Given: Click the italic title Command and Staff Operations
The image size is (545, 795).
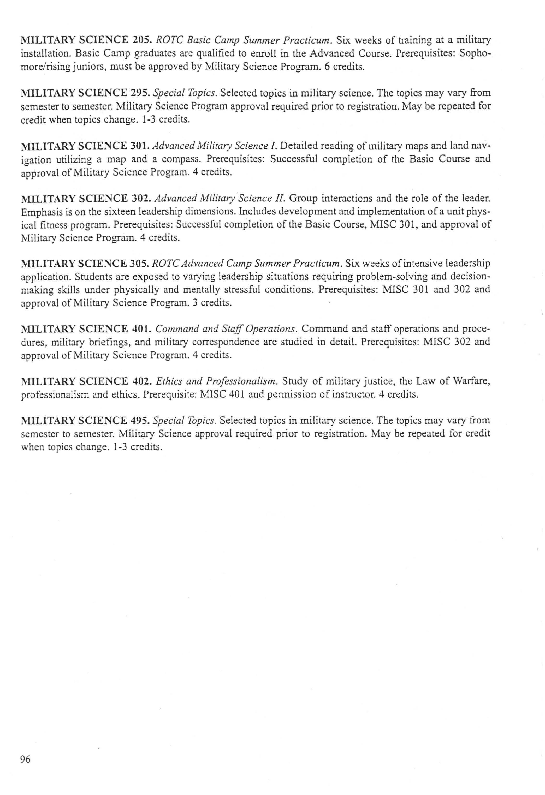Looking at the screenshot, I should tap(226, 329).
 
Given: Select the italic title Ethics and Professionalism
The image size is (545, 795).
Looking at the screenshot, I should tap(216, 381).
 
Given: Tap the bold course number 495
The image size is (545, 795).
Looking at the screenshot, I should tap(141, 420).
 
